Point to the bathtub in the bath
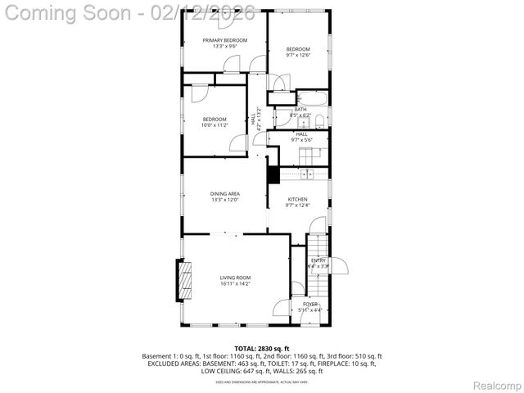point(311,98)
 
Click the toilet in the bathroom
point(321,120)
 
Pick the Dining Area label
point(224,194)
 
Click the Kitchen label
point(297,199)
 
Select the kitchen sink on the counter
point(309,174)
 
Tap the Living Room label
point(235,278)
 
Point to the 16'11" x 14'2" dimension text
point(235,285)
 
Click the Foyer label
point(310,304)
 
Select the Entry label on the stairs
point(318,260)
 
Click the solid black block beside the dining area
point(273,174)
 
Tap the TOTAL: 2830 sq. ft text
point(262,349)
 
